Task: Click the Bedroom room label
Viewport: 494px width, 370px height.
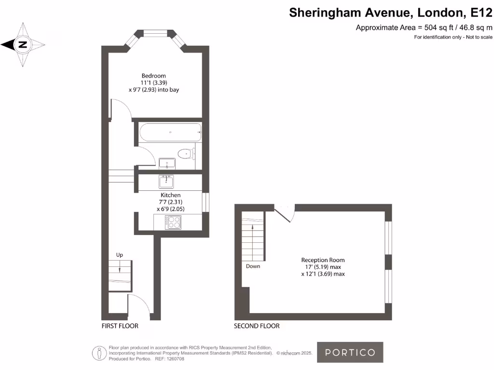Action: coord(153,76)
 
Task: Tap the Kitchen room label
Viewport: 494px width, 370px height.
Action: coord(170,195)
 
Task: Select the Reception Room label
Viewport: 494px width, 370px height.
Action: coord(323,260)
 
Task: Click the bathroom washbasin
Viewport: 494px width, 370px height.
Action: coord(167,163)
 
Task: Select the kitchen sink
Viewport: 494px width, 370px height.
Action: coord(166,182)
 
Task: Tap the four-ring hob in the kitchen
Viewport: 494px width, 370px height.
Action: coord(173,222)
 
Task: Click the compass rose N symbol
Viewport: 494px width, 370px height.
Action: coord(23,45)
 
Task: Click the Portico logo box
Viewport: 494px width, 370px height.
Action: coord(350,352)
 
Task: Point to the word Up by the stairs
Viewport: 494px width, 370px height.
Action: coord(120,255)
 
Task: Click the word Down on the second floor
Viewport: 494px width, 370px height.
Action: coord(253,266)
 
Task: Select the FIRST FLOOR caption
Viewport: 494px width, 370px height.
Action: coord(120,326)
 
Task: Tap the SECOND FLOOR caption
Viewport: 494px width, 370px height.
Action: coord(257,326)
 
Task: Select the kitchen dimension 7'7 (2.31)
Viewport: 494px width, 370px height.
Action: coord(170,202)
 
